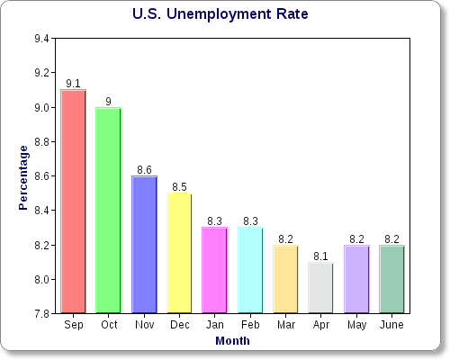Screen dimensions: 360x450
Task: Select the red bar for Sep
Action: [74, 202]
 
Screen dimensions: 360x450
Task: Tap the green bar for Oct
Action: [109, 211]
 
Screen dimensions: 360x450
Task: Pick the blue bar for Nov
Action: [144, 245]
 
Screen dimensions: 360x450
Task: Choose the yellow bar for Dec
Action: [180, 253]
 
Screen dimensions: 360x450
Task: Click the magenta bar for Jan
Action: [215, 270]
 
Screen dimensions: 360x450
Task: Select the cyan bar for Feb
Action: [250, 270]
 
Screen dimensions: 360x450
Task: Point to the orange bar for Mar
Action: [286, 279]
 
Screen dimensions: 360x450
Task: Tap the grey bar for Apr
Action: [321, 288]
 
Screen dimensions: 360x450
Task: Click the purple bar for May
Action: [356, 279]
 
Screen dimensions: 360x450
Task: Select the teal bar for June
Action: [392, 279]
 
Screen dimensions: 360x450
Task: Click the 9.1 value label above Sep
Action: [74, 84]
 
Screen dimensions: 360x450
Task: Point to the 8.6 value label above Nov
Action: [144, 170]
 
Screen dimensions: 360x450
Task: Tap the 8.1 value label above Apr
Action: [321, 256]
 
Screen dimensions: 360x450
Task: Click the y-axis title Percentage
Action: [24, 177]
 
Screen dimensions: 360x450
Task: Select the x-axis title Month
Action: [232, 341]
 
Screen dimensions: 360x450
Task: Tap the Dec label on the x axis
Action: [180, 325]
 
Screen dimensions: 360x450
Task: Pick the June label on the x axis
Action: [392, 325]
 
